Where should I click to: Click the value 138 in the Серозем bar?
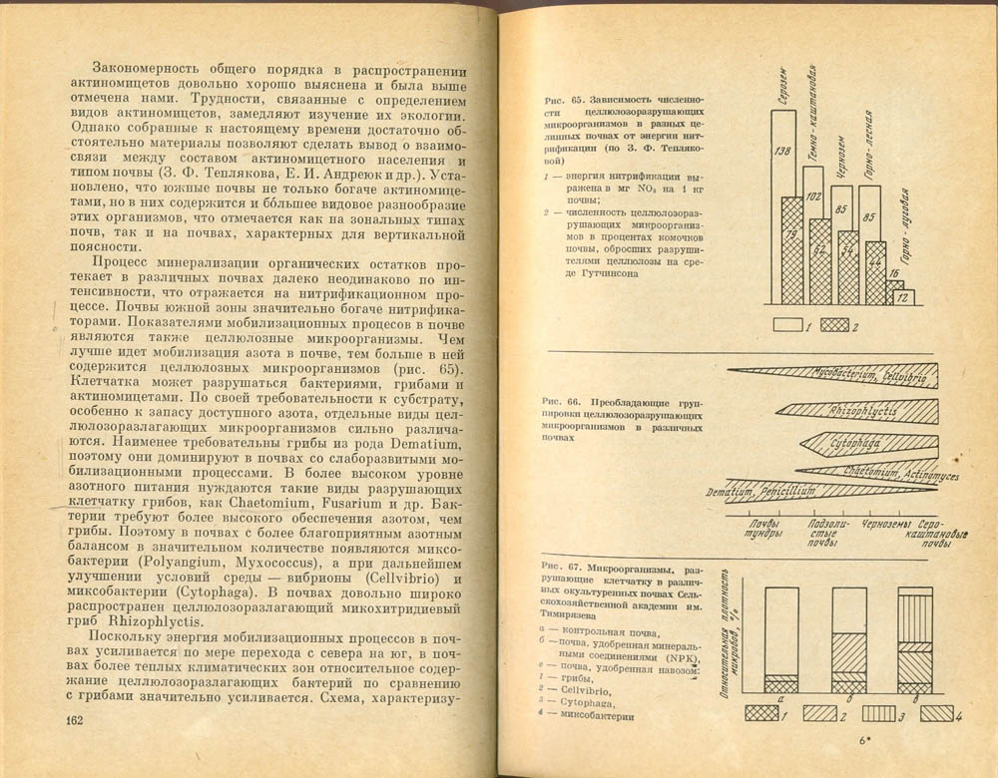pyautogui.click(x=783, y=151)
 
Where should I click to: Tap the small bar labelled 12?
pyautogui.click(x=902, y=296)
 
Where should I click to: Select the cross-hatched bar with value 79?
pyautogui.click(x=792, y=249)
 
